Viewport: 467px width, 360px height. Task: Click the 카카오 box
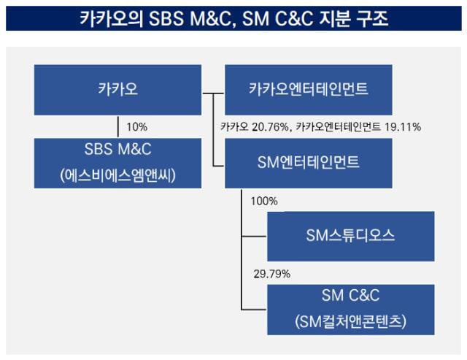[x=117, y=90]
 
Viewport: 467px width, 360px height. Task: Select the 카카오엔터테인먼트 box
[x=308, y=90]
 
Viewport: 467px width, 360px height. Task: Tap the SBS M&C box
[x=117, y=163]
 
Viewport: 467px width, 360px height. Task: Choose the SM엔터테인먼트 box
[x=308, y=163]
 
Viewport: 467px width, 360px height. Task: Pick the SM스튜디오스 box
[x=350, y=237]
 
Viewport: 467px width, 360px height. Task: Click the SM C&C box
[x=350, y=310]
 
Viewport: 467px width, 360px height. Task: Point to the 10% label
[x=137, y=127]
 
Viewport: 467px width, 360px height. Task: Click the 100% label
[x=264, y=201]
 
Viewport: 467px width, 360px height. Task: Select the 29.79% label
[x=272, y=274]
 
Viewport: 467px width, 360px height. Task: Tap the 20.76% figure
[x=270, y=127]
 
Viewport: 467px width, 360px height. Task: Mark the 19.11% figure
[x=403, y=127]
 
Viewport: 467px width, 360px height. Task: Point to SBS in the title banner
[x=166, y=18]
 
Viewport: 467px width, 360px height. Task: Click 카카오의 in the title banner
[x=112, y=18]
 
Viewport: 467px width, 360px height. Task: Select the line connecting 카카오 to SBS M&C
[x=118, y=126]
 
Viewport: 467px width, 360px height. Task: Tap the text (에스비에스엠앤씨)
[x=117, y=175]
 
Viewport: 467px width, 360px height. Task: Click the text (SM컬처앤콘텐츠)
[x=350, y=322]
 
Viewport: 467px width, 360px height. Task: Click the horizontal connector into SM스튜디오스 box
[x=254, y=237]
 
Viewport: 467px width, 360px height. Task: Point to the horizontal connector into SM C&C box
[x=254, y=310]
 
